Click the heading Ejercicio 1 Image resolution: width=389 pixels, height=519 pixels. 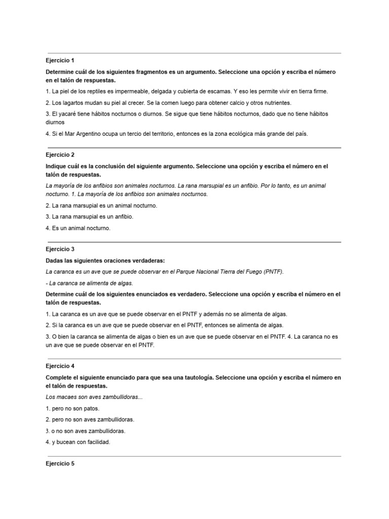click(60, 60)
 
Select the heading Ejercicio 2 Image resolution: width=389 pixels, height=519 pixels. click(60, 155)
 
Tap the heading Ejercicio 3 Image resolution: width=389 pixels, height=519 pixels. click(60, 249)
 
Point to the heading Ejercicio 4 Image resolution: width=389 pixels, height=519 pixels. click(60, 365)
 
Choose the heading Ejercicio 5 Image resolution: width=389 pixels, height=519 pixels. click(60, 463)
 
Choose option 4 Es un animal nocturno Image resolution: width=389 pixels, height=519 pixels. click(77, 228)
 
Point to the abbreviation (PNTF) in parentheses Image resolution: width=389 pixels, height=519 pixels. click(274, 272)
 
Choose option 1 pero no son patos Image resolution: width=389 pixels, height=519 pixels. click(72, 408)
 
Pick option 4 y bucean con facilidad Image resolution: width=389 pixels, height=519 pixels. click(77, 441)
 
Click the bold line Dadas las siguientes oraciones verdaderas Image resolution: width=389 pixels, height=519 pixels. click(105, 261)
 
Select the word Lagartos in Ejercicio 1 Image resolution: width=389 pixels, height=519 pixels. click(73, 103)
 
